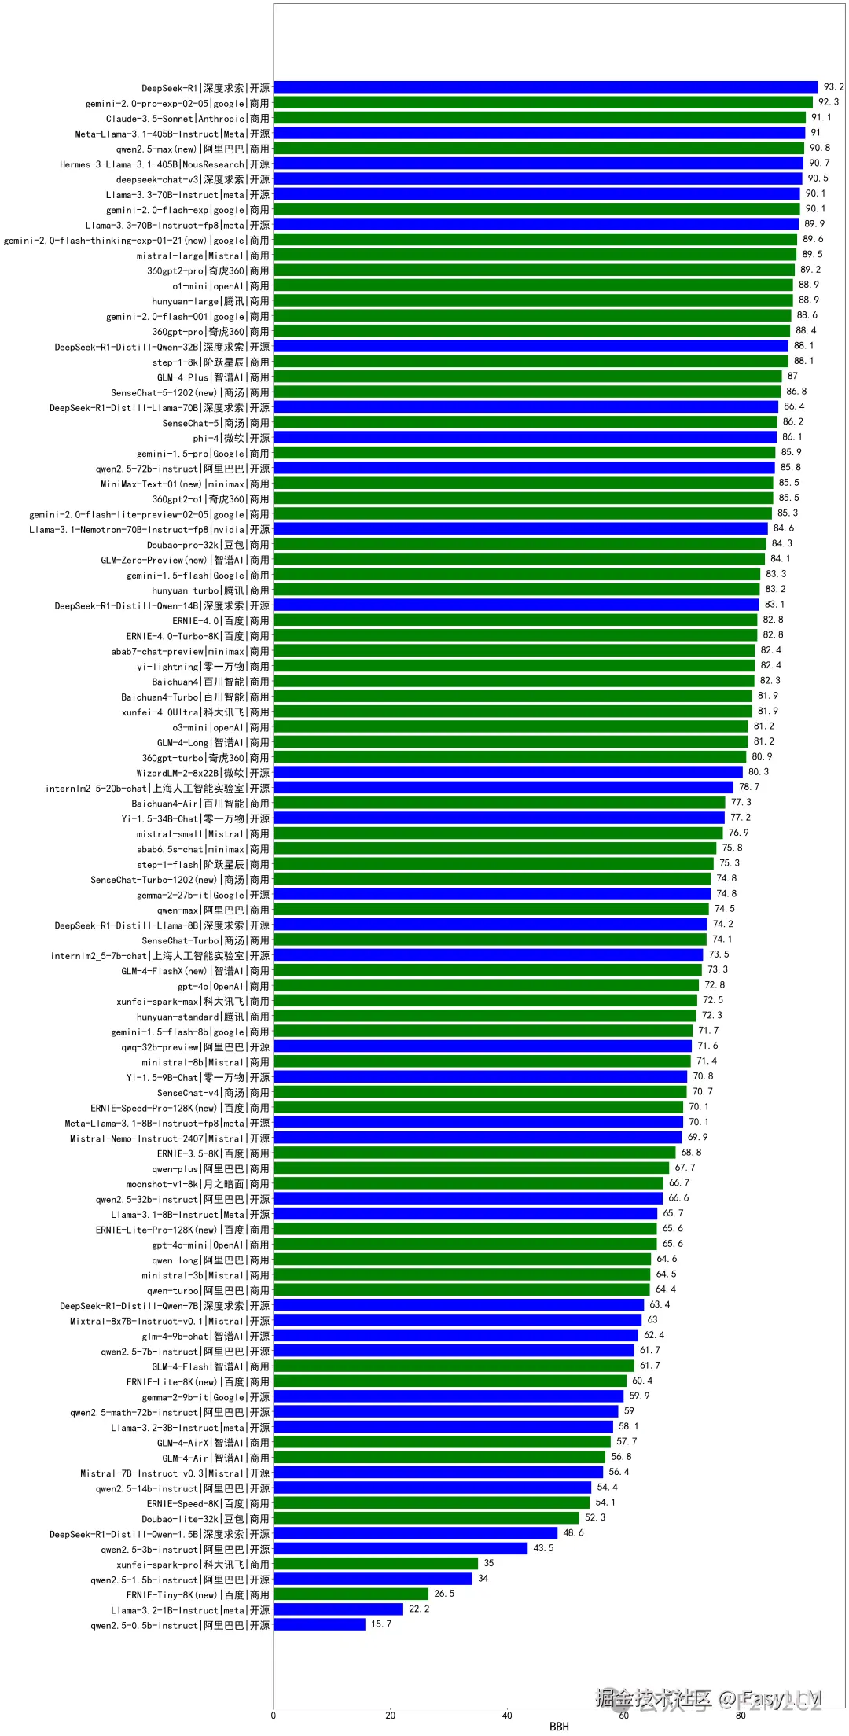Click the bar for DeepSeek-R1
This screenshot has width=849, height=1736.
click(x=546, y=87)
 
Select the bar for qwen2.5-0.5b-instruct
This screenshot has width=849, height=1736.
click(x=319, y=1624)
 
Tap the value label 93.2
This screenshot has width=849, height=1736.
click(x=833, y=87)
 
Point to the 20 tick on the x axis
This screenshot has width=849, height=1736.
click(x=390, y=1716)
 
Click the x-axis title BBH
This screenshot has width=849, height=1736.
click(x=559, y=1727)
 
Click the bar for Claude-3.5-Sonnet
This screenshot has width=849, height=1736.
click(x=539, y=118)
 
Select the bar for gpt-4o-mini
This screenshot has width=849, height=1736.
click(x=465, y=1244)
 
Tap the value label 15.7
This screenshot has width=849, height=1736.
click(x=381, y=1624)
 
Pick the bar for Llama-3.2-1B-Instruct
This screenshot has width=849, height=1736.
click(x=338, y=1609)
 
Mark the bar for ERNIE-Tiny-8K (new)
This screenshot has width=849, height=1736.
click(x=351, y=1594)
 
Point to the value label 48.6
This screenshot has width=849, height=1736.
click(x=573, y=1533)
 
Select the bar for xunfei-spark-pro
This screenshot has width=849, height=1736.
click(x=376, y=1564)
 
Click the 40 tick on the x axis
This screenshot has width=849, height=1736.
click(x=507, y=1716)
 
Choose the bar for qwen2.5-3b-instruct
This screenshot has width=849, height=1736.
click(x=400, y=1548)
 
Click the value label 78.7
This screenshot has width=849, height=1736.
click(x=749, y=787)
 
